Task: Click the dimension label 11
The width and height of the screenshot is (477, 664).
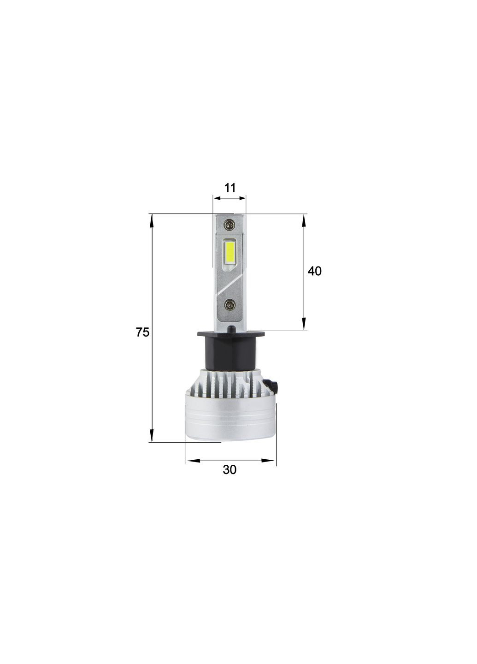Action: [x=230, y=188]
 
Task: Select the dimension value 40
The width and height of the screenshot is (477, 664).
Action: [x=314, y=271]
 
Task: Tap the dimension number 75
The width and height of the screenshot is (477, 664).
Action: [x=142, y=332]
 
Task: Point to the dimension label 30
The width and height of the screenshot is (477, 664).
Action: [x=230, y=469]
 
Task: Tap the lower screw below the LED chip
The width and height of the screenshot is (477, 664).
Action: [x=230, y=305]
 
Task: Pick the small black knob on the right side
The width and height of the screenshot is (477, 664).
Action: [x=271, y=385]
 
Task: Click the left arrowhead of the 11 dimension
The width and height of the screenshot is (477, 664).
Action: [x=217, y=198]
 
